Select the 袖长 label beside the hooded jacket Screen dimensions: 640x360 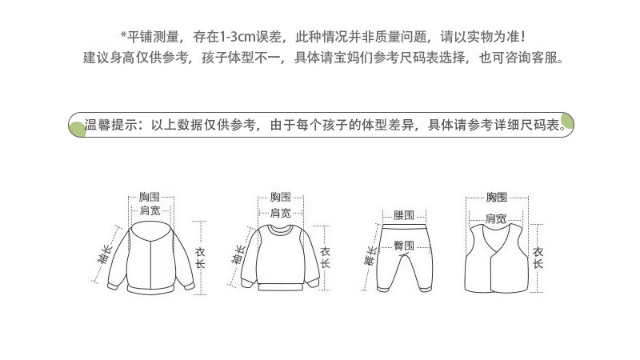click(x=105, y=258)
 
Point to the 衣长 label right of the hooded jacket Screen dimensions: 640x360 click(x=200, y=257)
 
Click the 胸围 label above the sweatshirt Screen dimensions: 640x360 click(x=280, y=197)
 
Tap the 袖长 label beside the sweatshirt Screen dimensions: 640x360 click(x=238, y=254)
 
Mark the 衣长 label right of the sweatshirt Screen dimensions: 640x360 click(x=325, y=256)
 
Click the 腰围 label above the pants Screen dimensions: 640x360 click(x=403, y=215)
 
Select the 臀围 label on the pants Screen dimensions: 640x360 click(x=403, y=245)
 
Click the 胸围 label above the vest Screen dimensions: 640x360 click(x=496, y=197)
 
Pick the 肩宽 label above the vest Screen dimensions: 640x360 click(x=496, y=218)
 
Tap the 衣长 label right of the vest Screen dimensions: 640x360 click(x=538, y=257)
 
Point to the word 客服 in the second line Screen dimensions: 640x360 click(x=546, y=58)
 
